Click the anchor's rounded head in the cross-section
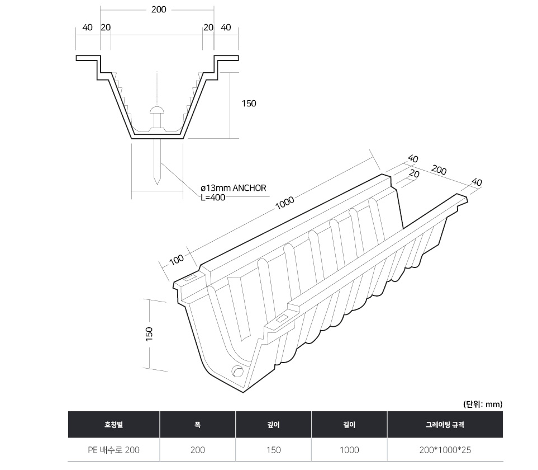click(x=157, y=111)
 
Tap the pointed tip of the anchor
click(x=157, y=184)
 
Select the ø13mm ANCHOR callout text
click(x=234, y=188)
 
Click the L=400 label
click(x=213, y=198)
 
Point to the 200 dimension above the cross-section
click(x=159, y=10)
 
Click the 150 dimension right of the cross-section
click(x=249, y=104)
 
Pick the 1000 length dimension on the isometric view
click(x=285, y=203)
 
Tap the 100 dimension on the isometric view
click(x=177, y=260)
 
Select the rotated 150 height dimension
click(x=149, y=334)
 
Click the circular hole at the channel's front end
click(x=237, y=372)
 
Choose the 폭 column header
click(x=197, y=425)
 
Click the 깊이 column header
click(x=273, y=425)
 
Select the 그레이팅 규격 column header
click(x=445, y=425)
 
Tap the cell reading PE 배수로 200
click(x=113, y=450)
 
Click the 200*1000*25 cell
click(x=445, y=450)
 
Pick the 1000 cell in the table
click(x=349, y=450)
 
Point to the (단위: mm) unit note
click(x=483, y=404)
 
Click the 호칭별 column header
click(x=113, y=425)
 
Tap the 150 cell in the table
click(x=273, y=450)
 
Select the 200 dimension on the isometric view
click(x=439, y=170)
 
